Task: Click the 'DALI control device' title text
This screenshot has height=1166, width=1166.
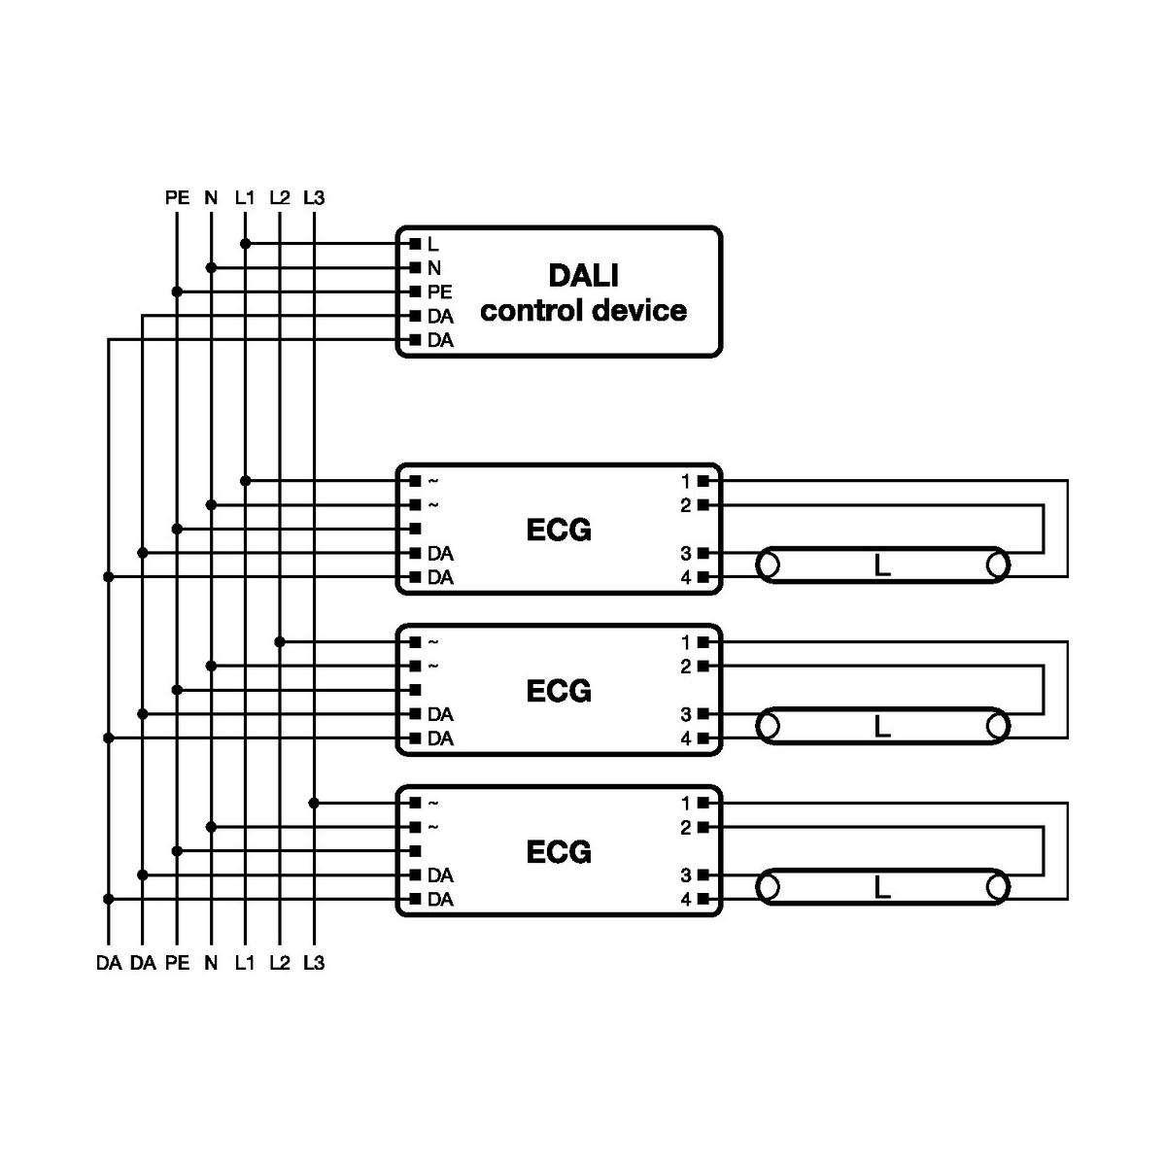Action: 583,292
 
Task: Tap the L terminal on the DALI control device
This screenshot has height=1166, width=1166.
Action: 416,244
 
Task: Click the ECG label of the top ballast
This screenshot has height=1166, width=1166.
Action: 559,530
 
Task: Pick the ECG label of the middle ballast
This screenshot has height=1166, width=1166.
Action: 559,691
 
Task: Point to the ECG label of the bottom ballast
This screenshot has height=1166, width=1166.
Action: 559,852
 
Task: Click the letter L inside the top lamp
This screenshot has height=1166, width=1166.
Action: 882,566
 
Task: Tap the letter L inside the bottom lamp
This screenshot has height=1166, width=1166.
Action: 882,887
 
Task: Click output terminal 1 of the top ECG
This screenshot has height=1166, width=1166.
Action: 703,481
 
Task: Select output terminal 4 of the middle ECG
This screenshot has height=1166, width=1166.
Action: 703,738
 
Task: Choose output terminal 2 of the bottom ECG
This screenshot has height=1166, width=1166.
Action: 703,827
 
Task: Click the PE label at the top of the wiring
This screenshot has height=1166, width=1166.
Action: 177,198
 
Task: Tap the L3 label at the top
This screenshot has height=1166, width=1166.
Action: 314,198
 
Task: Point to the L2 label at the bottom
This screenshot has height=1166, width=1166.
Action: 279,963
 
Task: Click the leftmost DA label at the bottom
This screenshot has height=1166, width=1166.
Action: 109,963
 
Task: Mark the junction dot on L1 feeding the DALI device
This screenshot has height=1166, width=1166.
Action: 245,243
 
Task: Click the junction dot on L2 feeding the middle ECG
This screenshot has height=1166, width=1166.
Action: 280,641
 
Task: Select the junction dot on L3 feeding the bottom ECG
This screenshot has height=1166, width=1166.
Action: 314,803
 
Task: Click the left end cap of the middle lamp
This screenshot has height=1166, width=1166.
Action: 769,726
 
